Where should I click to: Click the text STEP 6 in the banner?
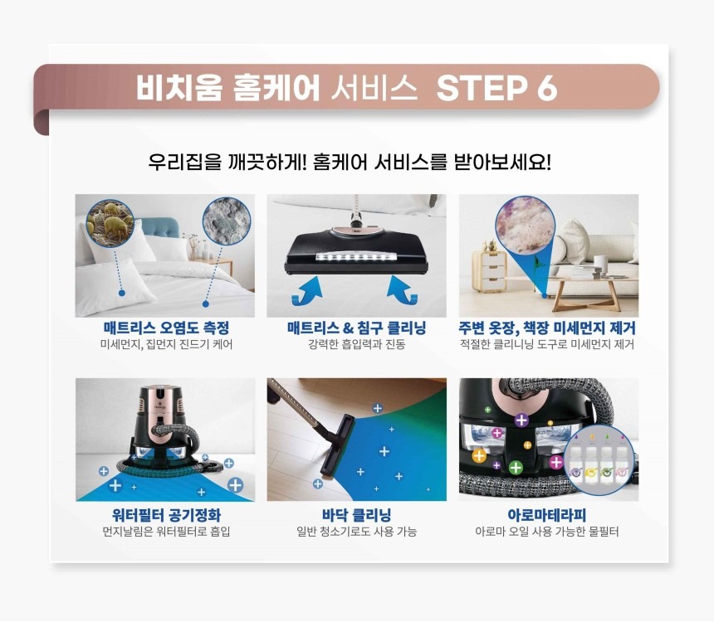click(496, 88)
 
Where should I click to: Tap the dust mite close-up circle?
click(110, 222)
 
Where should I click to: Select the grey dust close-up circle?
click(227, 221)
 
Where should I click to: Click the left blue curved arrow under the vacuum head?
click(307, 290)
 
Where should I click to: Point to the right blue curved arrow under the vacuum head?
click(402, 289)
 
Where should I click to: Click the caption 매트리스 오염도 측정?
click(166, 328)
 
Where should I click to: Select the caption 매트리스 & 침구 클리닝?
click(356, 328)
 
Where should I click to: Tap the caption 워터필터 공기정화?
click(166, 515)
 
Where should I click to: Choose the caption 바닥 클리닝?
click(356, 515)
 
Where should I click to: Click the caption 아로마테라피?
click(547, 515)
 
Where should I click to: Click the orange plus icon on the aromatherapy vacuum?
click(479, 455)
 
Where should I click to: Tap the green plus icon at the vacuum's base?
click(516, 467)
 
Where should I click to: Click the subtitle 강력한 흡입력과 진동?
click(356, 344)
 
